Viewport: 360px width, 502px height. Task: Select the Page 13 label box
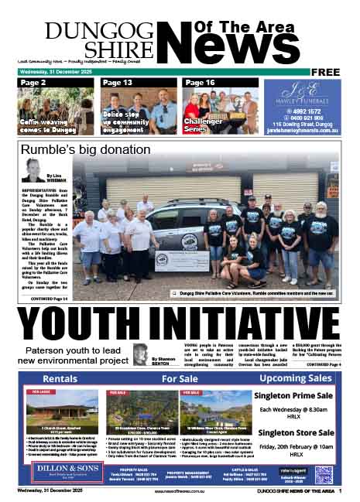pyautogui.click(x=116, y=82)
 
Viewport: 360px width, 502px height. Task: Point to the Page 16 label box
pyautogui.click(x=199, y=82)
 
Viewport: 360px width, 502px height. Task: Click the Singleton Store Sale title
pyautogui.click(x=297, y=432)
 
